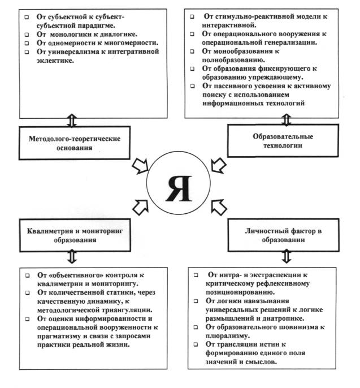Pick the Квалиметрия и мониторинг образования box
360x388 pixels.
[77, 234]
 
